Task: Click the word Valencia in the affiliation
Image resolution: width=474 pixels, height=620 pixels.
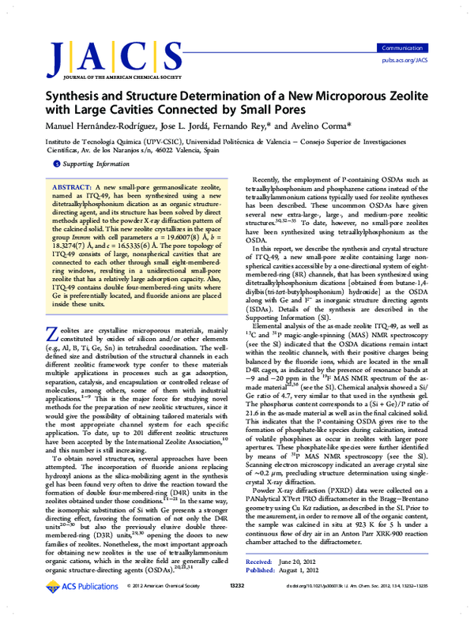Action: point(195,148)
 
